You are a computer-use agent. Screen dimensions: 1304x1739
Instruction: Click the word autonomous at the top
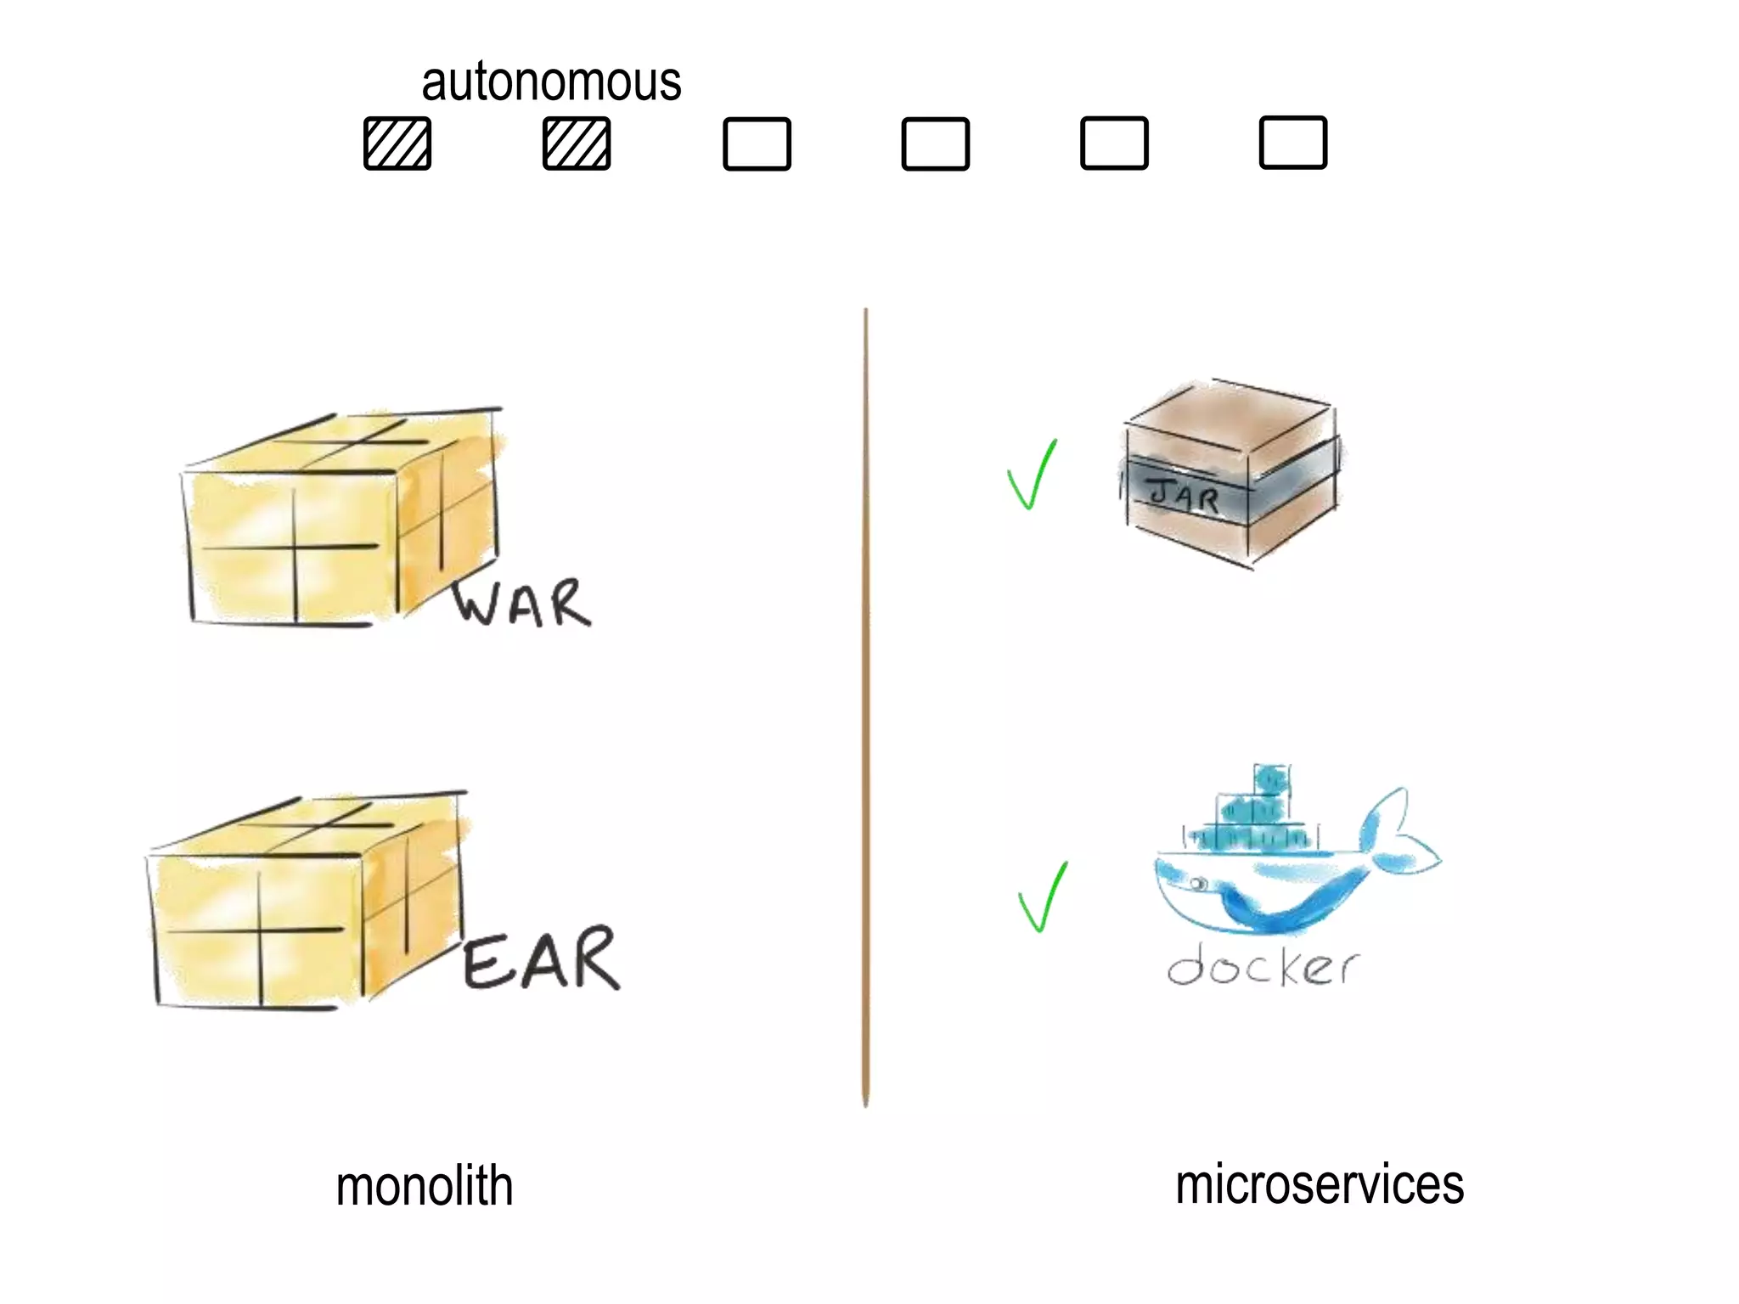coord(551,82)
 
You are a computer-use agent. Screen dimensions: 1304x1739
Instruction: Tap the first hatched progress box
coord(397,143)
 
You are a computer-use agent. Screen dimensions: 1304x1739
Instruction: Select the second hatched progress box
coord(577,143)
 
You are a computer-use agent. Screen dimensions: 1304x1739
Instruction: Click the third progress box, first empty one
coord(757,144)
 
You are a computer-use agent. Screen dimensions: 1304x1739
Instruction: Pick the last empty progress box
coord(1292,143)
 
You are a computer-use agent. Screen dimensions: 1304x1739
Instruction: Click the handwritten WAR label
coord(521,604)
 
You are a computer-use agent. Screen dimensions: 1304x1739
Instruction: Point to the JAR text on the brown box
coord(1184,495)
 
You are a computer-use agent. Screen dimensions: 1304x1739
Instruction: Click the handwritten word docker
coord(1263,966)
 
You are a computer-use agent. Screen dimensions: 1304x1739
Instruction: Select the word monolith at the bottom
coord(425,1186)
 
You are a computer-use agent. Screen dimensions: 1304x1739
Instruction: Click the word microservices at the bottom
coord(1320,1184)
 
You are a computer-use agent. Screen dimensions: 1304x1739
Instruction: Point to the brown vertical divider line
coord(865,705)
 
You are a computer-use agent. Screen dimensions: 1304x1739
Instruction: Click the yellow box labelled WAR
coord(340,518)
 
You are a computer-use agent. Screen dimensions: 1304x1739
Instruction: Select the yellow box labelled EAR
coord(306,900)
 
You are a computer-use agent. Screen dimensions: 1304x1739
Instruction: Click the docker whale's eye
coord(1198,885)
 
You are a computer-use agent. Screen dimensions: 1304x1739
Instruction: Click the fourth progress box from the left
coord(935,144)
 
